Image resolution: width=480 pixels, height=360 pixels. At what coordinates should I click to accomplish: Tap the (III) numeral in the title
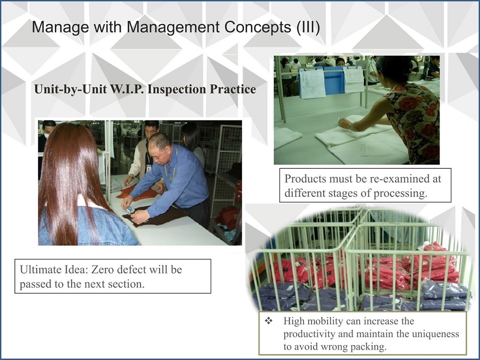click(x=308, y=27)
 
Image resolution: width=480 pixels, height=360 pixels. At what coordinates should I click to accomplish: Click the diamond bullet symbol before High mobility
click(x=269, y=321)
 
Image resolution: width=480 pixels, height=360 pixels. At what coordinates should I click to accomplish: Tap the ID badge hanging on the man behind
click(x=149, y=168)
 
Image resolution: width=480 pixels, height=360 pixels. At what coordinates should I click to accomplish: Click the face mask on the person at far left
click(x=46, y=135)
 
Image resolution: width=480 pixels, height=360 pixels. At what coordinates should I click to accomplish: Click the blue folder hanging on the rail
click(x=334, y=81)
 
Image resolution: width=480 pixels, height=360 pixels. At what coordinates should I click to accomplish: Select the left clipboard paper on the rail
click(x=311, y=83)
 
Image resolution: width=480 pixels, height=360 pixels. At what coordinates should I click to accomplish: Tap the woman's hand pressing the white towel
click(x=345, y=124)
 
